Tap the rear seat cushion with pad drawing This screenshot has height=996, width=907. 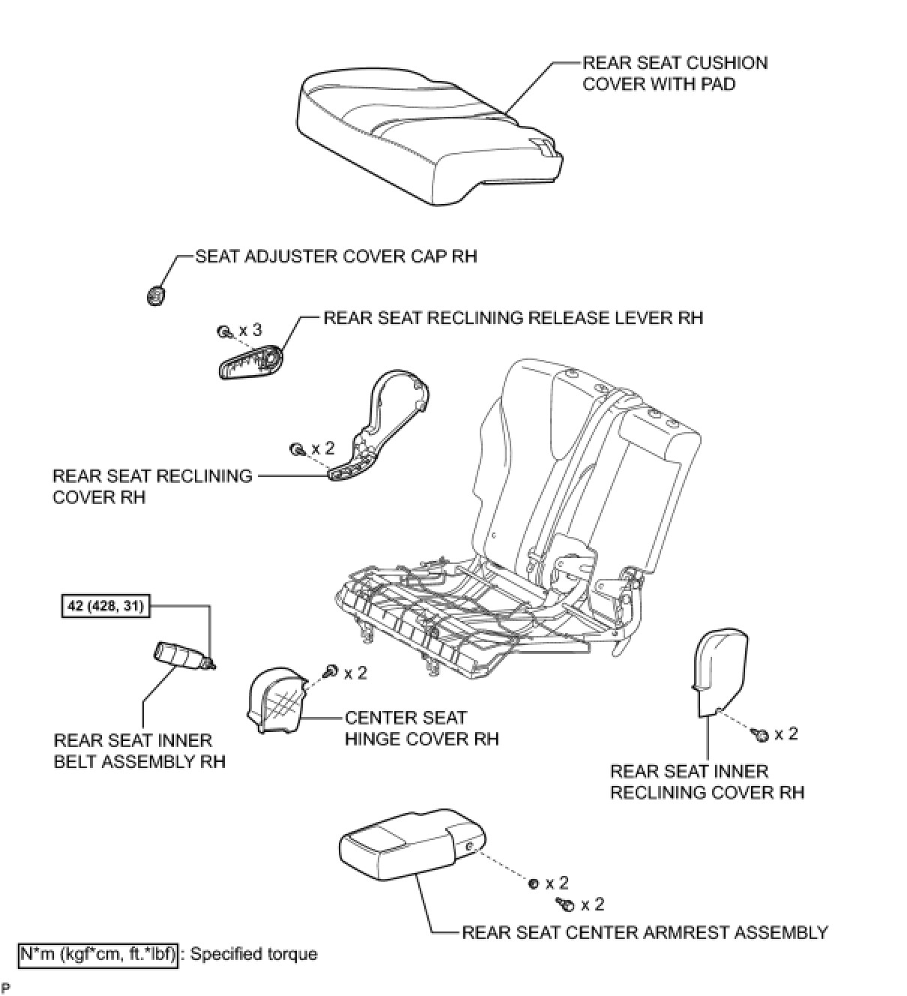(427, 135)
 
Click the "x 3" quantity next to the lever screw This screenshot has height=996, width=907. (250, 330)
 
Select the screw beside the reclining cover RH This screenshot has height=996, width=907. (296, 448)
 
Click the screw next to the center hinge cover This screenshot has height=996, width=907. (329, 671)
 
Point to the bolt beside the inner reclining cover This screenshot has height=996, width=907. (760, 735)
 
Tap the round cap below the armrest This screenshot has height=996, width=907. (534, 884)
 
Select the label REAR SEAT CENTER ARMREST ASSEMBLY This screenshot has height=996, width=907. (645, 932)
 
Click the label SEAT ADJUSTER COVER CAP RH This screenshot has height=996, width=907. (336, 256)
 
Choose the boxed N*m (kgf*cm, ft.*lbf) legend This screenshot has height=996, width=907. (98, 954)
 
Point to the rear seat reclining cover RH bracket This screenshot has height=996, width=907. (382, 427)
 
